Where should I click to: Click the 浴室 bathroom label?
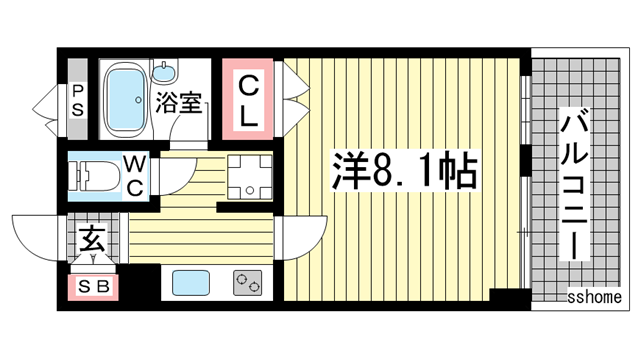[x=180, y=103]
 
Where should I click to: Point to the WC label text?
[x=135, y=175]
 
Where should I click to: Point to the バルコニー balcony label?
[x=575, y=185]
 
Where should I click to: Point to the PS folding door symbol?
[x=45, y=100]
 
